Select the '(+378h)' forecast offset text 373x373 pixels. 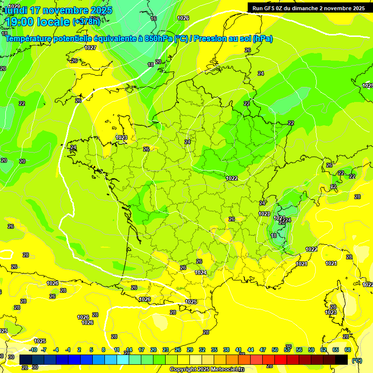86,22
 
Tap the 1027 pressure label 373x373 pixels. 90,48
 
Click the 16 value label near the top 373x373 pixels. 153,18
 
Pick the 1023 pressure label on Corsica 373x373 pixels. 331,312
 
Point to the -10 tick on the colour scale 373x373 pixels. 33,350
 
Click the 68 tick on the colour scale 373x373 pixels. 348,350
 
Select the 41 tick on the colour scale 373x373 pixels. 238,350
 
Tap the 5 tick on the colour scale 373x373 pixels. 92,350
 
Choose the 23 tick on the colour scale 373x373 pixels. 166,350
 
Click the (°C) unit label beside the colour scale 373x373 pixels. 356,360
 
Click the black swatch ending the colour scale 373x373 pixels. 341,359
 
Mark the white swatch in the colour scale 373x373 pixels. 196,359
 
